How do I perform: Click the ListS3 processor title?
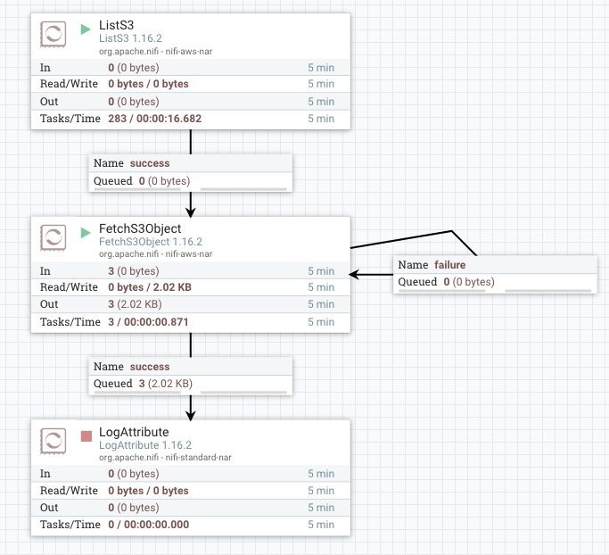(117, 23)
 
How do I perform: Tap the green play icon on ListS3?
(86, 29)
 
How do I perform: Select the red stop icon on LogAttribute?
(86, 436)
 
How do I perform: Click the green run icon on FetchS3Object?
(86, 233)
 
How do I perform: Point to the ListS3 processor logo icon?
(53, 35)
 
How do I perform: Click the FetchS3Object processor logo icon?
(53, 238)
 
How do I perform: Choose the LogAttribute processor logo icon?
(53, 442)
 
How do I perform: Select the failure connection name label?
(449, 265)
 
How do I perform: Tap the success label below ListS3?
(150, 163)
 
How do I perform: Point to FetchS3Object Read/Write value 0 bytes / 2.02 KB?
(149, 287)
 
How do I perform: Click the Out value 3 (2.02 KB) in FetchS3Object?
(143, 304)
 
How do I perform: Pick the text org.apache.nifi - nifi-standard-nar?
(165, 458)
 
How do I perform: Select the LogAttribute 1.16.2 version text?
(145, 445)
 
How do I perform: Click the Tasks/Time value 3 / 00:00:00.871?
(148, 321)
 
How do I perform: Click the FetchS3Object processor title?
(140, 228)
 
